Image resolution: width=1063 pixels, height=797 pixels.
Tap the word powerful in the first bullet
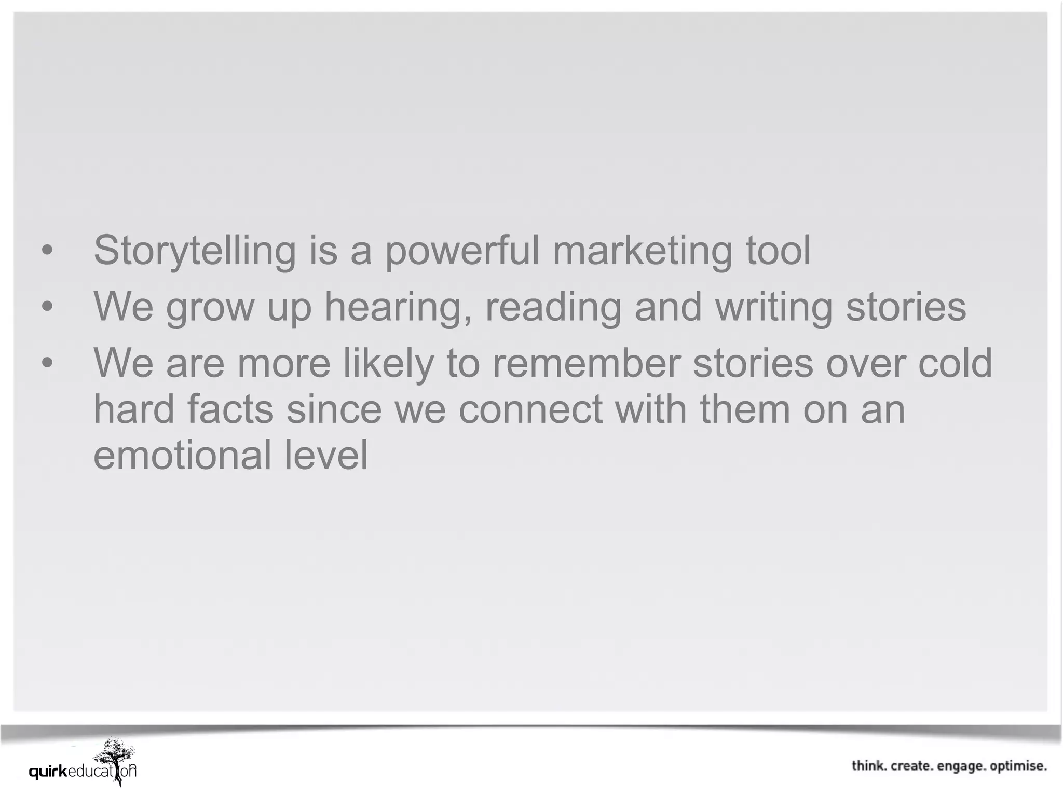pyautogui.click(x=462, y=251)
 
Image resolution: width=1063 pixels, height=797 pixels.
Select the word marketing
pyautogui.click(x=642, y=251)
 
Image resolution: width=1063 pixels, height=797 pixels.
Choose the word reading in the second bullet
pyautogui.click(x=553, y=307)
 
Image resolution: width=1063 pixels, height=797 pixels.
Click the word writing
pyautogui.click(x=773, y=307)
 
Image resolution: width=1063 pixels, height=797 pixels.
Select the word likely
pyautogui.click(x=388, y=363)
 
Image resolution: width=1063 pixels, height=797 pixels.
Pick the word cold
pyautogui.click(x=955, y=363)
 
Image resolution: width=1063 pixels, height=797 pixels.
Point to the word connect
pyautogui.click(x=530, y=409)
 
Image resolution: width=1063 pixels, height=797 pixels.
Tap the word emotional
pyautogui.click(x=182, y=455)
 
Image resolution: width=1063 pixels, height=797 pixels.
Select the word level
pyautogui.click(x=326, y=455)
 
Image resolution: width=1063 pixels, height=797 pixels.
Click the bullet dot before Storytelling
pyautogui.click(x=47, y=251)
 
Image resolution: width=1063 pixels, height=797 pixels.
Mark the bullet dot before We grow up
pyautogui.click(x=47, y=307)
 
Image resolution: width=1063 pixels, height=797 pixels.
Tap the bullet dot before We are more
pyautogui.click(x=47, y=363)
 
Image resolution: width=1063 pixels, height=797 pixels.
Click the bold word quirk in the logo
pyautogui.click(x=48, y=772)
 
